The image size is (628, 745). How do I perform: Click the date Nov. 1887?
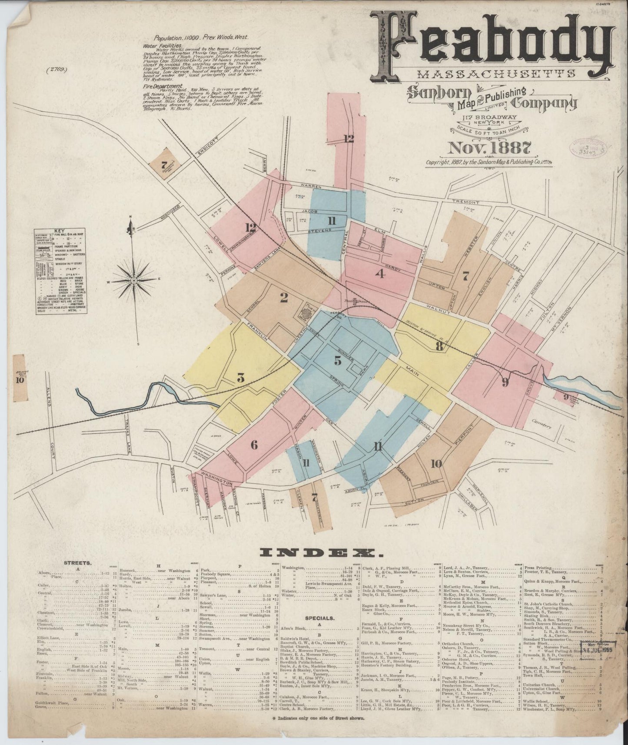click(x=488, y=148)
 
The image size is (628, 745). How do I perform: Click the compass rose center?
click(x=134, y=281)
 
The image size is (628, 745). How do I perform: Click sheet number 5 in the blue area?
click(x=338, y=359)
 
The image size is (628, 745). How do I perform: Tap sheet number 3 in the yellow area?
click(x=240, y=378)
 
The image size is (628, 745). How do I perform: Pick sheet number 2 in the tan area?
click(x=284, y=298)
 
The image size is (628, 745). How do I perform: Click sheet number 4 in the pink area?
click(x=381, y=274)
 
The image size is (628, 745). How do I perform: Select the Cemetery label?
click(x=541, y=426)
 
